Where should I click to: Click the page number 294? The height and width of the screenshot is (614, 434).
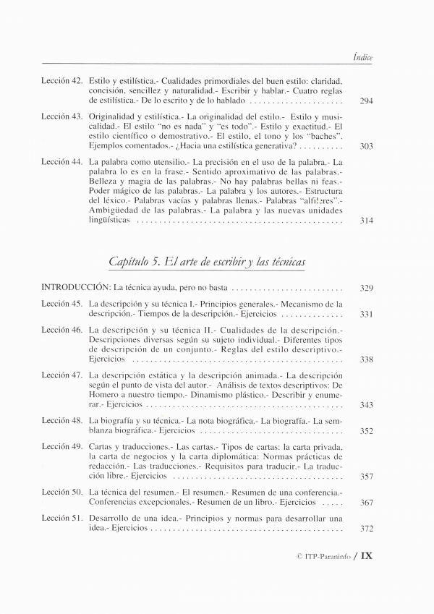click(365, 101)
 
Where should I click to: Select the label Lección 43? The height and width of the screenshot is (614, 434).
click(61, 116)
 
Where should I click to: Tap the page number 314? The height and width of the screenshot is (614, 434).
click(365, 220)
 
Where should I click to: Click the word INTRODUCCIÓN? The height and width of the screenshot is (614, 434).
click(76, 288)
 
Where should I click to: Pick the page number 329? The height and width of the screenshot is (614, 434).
click(365, 288)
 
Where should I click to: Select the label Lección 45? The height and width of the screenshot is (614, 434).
click(61, 304)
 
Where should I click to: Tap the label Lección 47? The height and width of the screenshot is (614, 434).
click(61, 375)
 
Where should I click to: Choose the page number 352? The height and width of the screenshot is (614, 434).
click(365, 431)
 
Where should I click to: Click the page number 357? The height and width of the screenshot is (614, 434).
click(365, 477)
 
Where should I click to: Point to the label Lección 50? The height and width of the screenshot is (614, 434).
click(61, 492)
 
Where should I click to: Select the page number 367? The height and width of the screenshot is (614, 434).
click(365, 503)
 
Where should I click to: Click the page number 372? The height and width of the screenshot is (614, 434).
click(365, 529)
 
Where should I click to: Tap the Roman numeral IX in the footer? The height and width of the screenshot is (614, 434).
click(366, 556)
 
